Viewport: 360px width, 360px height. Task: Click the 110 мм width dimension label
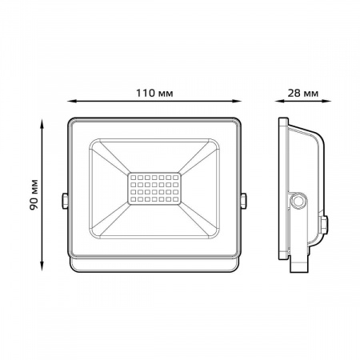pos(154,93)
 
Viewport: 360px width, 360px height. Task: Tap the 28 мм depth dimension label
pos(303,94)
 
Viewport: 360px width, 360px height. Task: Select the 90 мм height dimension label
pos(34,195)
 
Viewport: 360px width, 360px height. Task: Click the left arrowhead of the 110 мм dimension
pos(71,101)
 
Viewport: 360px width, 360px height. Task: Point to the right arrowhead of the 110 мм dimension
pos(237,101)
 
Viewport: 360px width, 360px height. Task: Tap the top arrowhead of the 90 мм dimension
pos(42,124)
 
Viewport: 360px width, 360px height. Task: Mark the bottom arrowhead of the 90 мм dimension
pos(42,266)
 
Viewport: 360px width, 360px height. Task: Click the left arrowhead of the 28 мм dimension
pos(279,101)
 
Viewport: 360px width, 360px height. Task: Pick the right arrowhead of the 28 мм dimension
pos(326,101)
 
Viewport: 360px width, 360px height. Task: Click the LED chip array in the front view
pos(154,189)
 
